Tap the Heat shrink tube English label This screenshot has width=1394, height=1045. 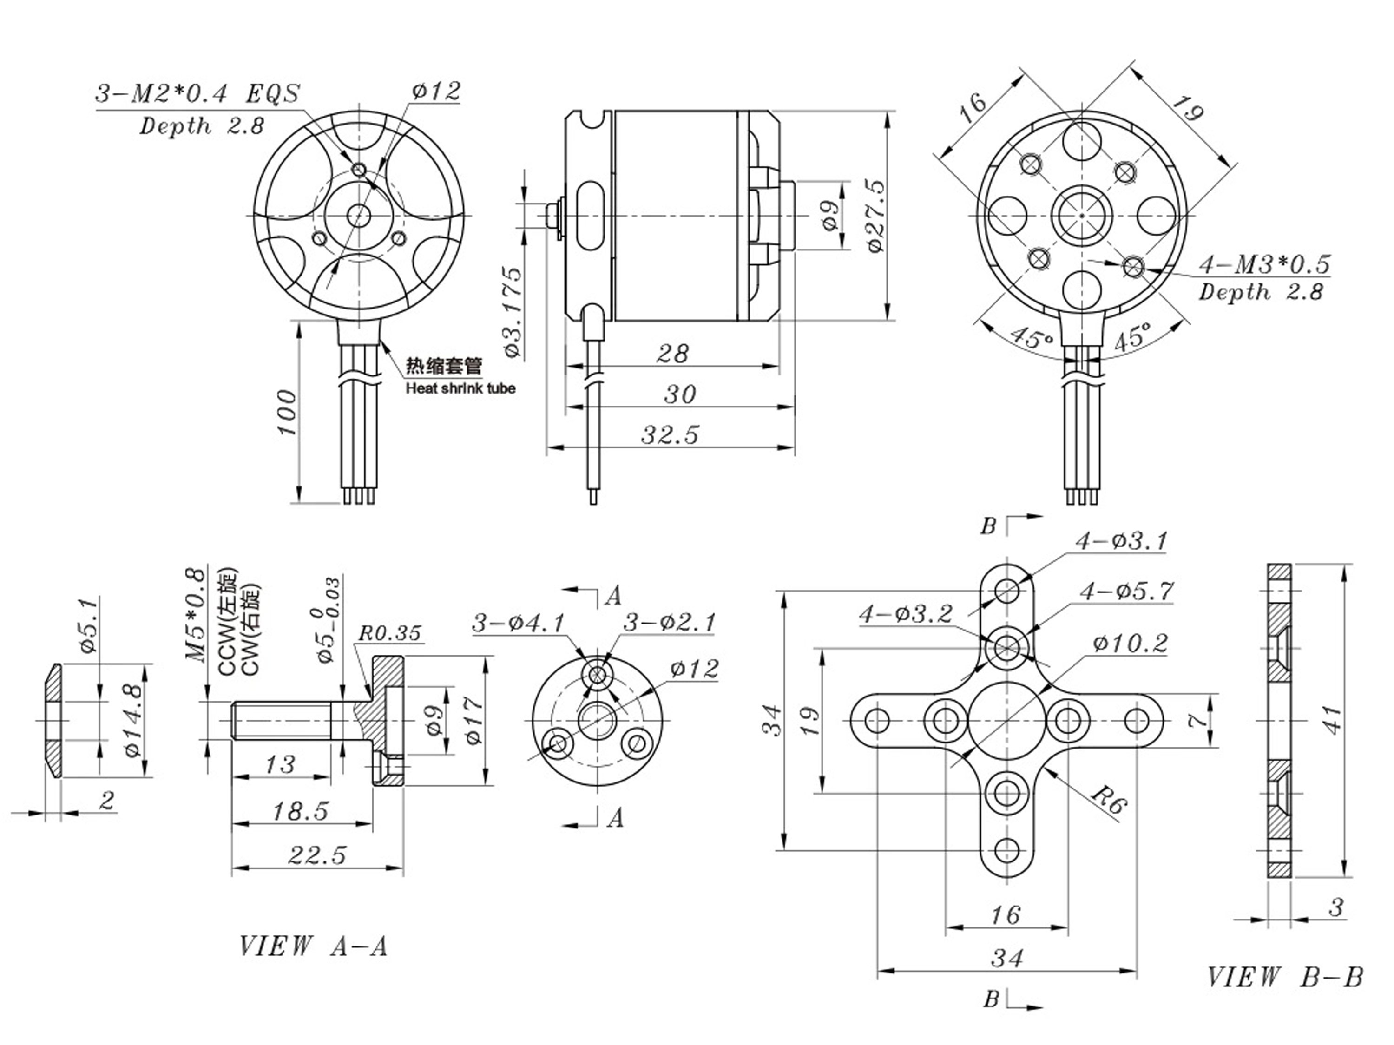[x=460, y=388]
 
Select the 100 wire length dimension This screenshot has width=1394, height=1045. [x=287, y=413]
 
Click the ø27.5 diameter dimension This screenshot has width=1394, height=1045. [x=876, y=216]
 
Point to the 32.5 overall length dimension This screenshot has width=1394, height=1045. [x=670, y=435]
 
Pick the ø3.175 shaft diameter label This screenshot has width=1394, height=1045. [x=513, y=313]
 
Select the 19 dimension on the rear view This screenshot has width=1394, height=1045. [x=1187, y=112]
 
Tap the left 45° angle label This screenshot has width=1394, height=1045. [x=1032, y=338]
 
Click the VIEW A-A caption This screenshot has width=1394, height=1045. [x=313, y=946]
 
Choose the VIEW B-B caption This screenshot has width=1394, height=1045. [x=1284, y=978]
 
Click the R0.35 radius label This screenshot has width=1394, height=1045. [x=389, y=633]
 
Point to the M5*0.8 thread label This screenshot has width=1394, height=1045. [x=196, y=615]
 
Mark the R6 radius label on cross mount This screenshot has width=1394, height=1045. [x=1108, y=801]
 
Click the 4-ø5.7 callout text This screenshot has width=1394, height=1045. [x=1127, y=591]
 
